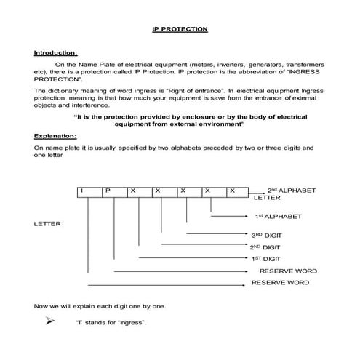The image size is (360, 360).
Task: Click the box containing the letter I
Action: click(x=82, y=191)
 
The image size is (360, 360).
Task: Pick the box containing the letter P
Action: click(x=107, y=191)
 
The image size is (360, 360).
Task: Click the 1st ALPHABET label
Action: click(x=278, y=217)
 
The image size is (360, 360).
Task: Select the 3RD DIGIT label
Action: click(x=266, y=236)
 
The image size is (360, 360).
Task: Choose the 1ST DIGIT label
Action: click(x=265, y=259)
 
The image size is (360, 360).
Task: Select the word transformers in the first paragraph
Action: click(x=298, y=65)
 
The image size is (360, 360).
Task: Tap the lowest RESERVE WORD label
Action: click(x=280, y=282)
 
